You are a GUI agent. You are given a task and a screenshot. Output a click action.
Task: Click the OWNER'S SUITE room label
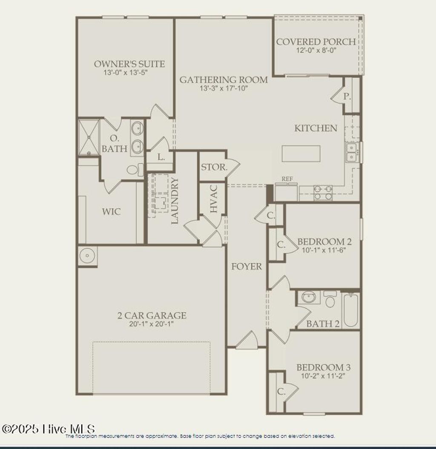pos(129,64)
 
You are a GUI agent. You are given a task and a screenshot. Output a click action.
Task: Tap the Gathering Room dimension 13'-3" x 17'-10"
pos(223,88)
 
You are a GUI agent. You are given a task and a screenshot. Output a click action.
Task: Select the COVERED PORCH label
pos(316,42)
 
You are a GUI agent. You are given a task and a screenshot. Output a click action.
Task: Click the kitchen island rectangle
pos(301,153)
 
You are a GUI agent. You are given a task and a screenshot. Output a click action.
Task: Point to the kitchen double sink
pos(352,153)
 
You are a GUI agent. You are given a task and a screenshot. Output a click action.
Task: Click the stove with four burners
pos(323,192)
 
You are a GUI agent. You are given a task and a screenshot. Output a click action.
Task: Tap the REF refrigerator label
pos(287,179)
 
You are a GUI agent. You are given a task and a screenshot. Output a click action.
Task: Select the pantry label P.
pos(347,97)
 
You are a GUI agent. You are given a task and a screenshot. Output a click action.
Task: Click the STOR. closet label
pos(214,167)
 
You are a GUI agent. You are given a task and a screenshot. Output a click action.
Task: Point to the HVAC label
pos(214,198)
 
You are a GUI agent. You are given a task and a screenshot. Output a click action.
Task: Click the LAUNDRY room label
pos(175,201)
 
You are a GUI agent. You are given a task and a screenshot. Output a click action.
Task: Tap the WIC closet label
pos(111,211)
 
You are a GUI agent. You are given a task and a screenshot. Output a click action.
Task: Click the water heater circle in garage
pos(87,256)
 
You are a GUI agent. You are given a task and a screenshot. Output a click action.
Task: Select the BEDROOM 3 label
pos(324,367)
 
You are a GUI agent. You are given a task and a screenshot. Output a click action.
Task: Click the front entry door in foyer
pos(246,341)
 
